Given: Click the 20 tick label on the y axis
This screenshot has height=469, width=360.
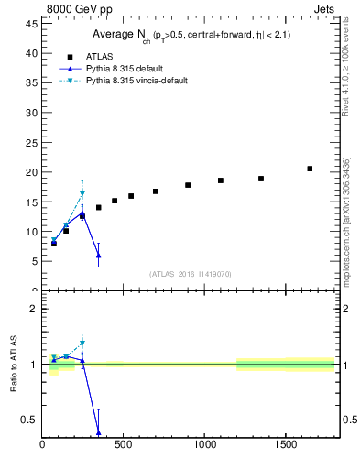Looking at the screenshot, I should [31, 172].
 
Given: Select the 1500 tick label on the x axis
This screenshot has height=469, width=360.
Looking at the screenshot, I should [286, 445].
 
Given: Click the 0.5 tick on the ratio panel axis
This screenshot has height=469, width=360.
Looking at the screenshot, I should [28, 420].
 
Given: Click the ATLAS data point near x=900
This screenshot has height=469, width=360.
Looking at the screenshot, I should [188, 185].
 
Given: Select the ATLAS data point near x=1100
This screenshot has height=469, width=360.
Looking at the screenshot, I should [221, 180].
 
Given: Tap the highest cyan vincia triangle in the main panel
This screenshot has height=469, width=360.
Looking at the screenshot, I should [82, 194].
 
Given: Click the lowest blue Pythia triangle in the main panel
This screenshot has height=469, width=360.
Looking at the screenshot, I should [98, 256].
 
